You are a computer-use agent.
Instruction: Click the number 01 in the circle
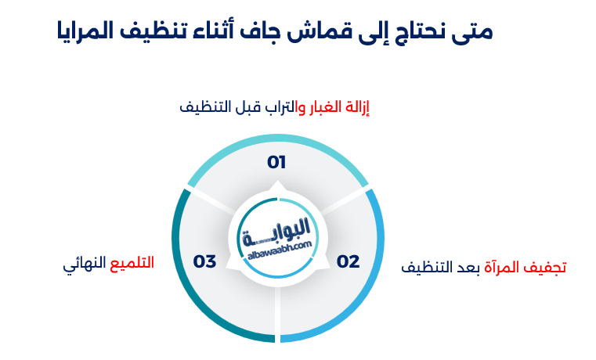click(x=276, y=163)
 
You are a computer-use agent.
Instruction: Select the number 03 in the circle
click(x=204, y=261)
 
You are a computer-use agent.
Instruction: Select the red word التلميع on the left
click(x=131, y=262)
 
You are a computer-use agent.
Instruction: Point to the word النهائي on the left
click(x=84, y=263)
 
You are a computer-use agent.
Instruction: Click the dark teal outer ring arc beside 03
click(x=182, y=266)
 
